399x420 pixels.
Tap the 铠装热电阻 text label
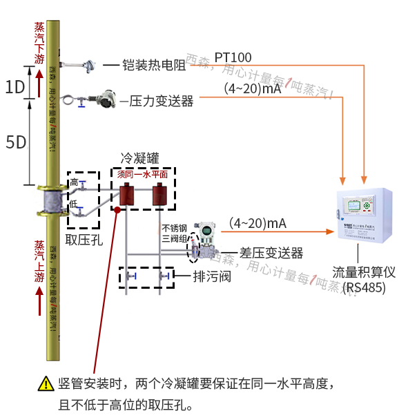click(x=153, y=66)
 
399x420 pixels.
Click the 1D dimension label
click(x=14, y=87)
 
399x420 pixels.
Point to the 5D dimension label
click(x=15, y=142)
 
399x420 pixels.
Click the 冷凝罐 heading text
click(x=139, y=158)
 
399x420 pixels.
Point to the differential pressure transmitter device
click(x=205, y=241)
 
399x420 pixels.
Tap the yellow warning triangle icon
click(x=46, y=383)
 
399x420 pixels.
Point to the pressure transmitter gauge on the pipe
click(x=106, y=99)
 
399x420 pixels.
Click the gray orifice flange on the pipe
click(x=50, y=202)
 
